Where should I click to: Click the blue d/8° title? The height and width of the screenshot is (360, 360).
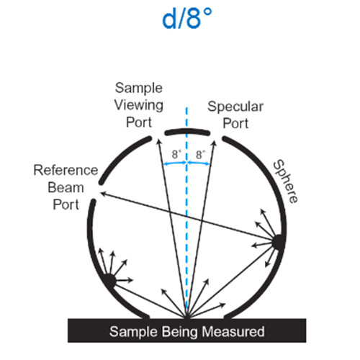pos(187,18)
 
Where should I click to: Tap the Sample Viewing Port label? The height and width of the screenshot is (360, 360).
pos(139,105)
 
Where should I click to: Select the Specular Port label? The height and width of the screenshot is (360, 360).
pos(235,114)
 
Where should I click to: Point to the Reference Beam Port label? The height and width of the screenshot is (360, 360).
pos(66,187)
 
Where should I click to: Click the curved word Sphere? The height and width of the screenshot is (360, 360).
pos(286,181)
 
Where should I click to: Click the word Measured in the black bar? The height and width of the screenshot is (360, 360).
pos(233,331)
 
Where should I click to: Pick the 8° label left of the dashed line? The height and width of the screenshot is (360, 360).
pos(176,154)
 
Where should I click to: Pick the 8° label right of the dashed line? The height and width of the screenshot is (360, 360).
pos(200,154)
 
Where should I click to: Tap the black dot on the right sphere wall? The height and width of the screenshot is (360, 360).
pos(279,242)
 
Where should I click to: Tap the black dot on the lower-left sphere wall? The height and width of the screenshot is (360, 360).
pos(109,280)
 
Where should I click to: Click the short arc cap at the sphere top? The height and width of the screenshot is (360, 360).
pos(187,132)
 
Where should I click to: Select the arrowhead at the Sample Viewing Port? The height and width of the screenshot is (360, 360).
pos(158,141)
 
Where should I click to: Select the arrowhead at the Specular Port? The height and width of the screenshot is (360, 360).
pos(215,143)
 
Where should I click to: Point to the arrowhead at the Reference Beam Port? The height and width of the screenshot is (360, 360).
pos(103,194)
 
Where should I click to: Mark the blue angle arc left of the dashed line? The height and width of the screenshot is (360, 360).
pos(175,163)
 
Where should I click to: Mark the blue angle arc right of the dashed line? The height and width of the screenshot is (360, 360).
pos(199,163)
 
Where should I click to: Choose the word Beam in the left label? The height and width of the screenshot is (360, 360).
pos(66,187)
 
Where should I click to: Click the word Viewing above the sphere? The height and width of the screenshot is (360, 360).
pos(139,105)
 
